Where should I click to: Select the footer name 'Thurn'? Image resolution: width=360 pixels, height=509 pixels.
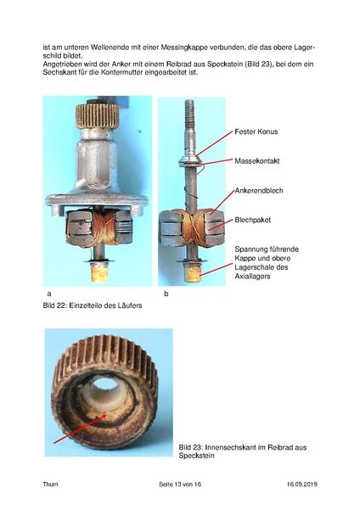point(51,484)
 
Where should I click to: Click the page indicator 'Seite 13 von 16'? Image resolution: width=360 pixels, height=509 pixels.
point(179,484)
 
